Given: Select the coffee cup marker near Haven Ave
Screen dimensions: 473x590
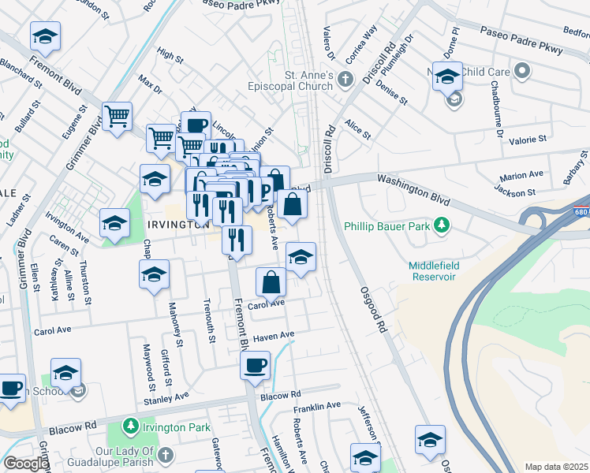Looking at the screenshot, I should [255, 366].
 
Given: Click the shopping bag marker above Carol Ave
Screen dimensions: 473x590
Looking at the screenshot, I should [271, 282].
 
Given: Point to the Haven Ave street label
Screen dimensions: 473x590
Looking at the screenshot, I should [273, 336].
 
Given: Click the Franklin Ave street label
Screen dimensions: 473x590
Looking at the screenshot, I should [316, 406].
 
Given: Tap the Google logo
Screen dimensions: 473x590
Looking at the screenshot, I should [25, 464].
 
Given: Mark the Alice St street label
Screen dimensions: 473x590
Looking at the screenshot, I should [357, 130].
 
